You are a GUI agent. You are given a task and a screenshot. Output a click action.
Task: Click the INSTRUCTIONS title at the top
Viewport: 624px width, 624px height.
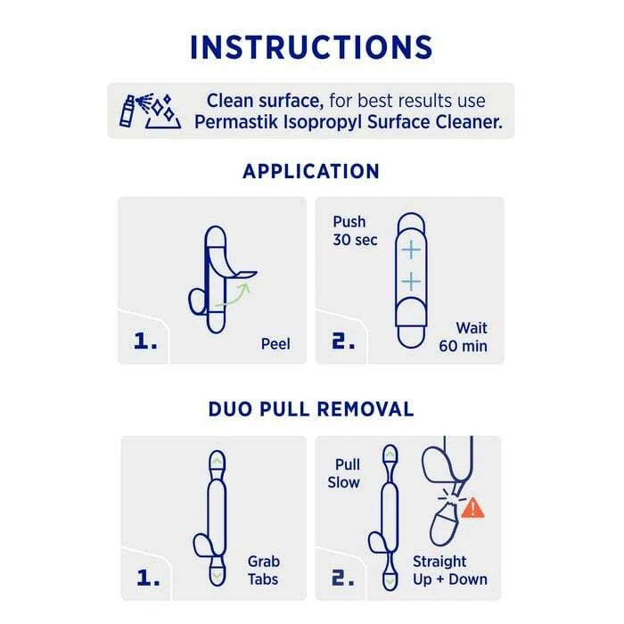(311, 45)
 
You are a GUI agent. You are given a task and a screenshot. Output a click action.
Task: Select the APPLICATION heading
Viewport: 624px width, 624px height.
(311, 171)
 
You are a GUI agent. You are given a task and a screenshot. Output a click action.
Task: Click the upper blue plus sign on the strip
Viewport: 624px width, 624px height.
(410, 250)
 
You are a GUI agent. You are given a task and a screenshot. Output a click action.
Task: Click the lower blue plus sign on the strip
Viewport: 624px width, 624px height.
(410, 282)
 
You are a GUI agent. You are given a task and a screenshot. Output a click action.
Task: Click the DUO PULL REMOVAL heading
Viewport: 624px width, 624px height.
(311, 409)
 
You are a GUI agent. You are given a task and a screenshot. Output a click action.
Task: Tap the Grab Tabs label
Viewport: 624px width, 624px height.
(264, 571)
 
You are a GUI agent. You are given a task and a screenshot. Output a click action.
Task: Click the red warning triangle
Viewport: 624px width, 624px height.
(472, 507)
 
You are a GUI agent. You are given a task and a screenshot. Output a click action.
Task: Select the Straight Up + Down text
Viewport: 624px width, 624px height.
(450, 571)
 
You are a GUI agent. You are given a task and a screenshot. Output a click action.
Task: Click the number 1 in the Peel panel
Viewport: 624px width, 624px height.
(143, 340)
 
